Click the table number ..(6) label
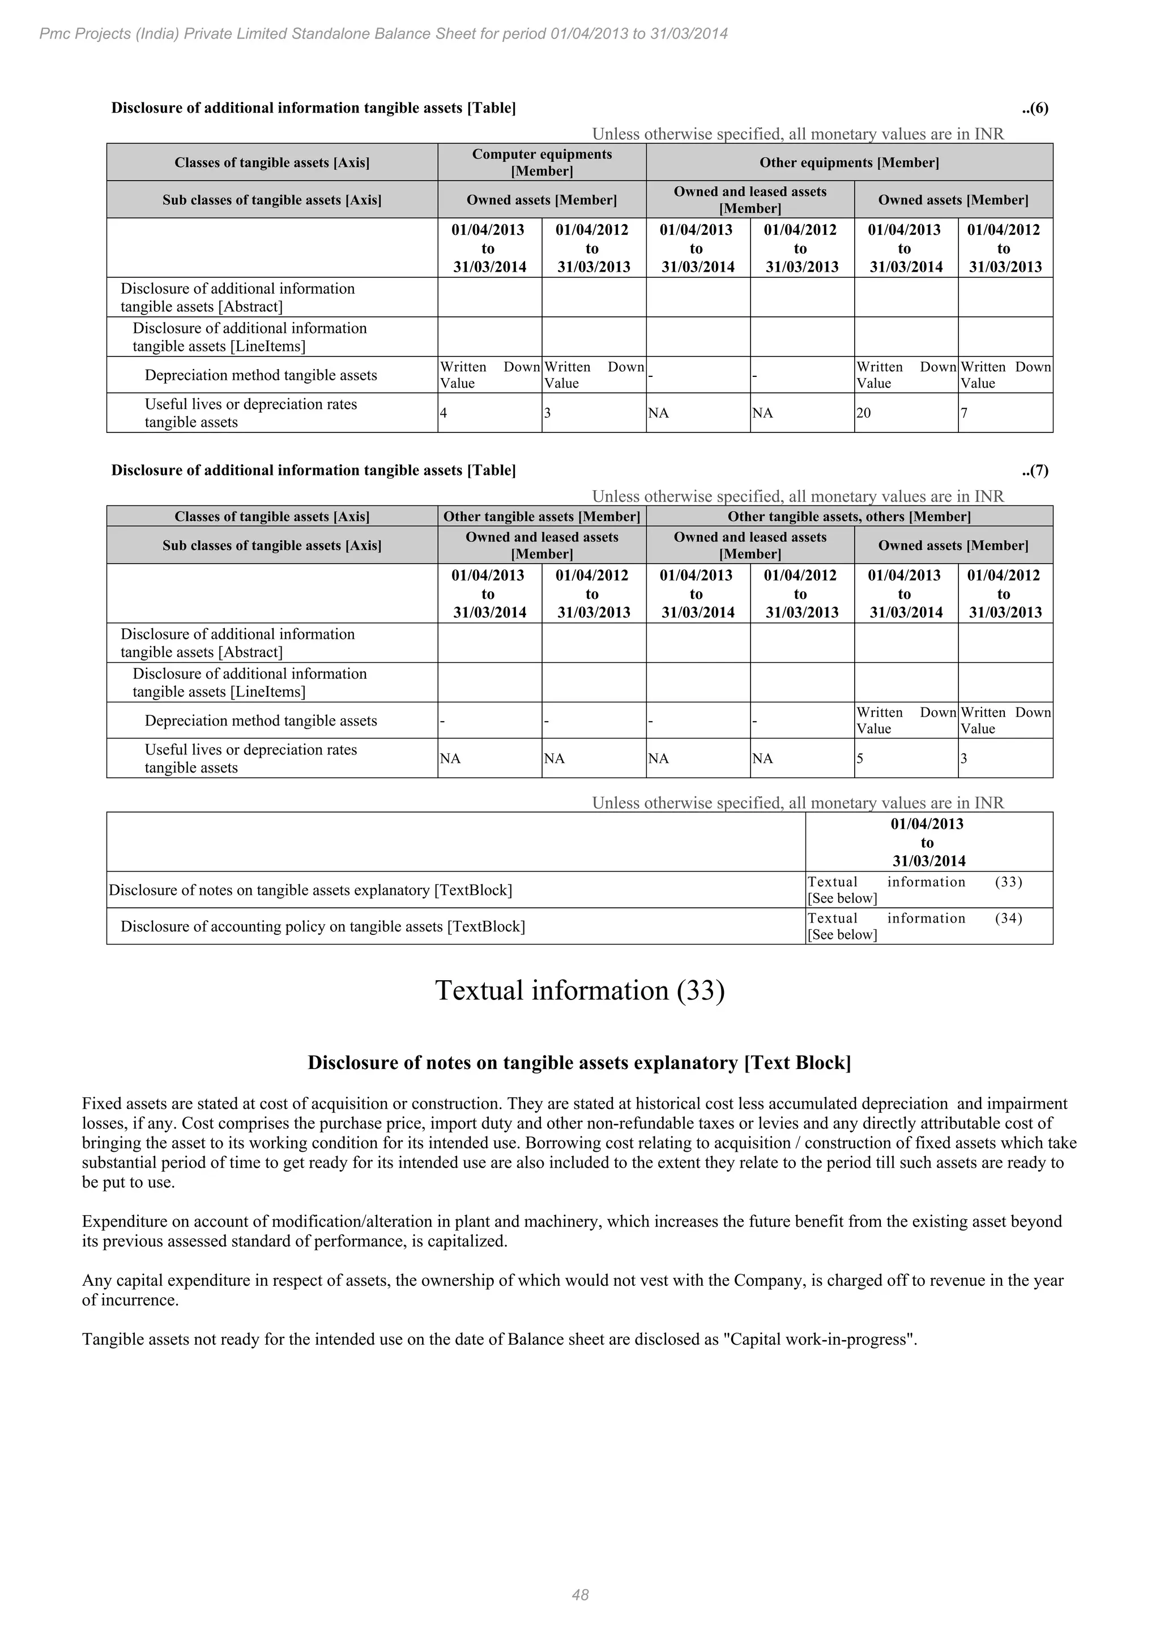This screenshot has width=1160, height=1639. click(1034, 109)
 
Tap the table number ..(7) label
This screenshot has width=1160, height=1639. click(1034, 470)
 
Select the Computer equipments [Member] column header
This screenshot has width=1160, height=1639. click(541, 162)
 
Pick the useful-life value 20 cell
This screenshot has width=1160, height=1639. click(864, 413)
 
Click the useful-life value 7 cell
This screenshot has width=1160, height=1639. click(963, 413)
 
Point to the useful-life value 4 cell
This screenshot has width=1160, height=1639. click(443, 413)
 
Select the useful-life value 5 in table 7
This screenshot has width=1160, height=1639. click(860, 759)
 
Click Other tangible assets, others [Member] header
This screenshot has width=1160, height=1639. click(848, 517)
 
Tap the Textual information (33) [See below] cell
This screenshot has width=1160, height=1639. click(914, 890)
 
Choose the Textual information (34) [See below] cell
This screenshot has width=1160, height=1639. click(914, 926)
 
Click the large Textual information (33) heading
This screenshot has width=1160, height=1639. click(580, 991)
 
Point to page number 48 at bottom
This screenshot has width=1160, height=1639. click(580, 1595)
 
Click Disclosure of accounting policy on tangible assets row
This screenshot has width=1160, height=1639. click(323, 926)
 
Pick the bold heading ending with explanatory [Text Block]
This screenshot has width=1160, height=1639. click(579, 1063)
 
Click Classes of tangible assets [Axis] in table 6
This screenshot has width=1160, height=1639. click(272, 163)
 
